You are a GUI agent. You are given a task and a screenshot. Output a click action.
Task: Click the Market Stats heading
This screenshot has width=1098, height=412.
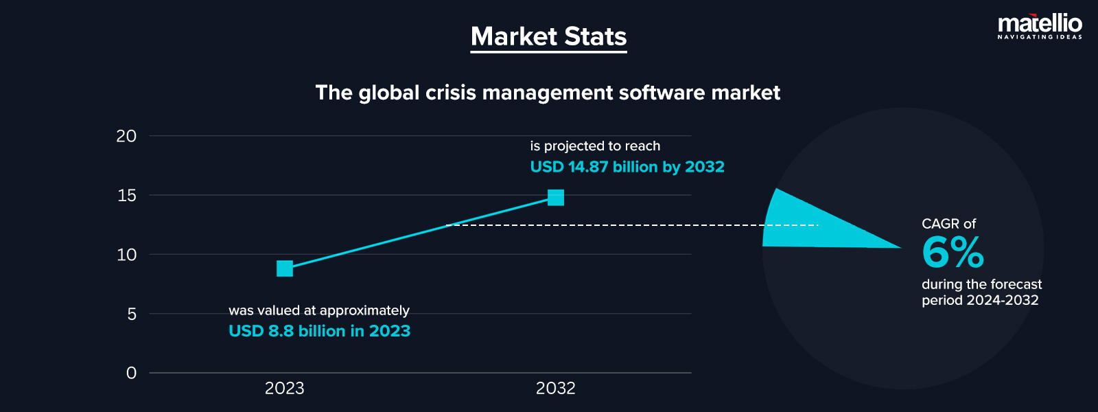point(548,36)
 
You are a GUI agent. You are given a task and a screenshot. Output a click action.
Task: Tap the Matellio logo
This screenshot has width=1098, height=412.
point(1040,26)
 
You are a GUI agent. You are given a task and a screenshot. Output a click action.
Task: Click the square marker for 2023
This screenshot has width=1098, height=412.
point(285,268)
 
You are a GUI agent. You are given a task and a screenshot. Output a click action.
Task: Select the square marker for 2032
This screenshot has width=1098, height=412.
point(556,198)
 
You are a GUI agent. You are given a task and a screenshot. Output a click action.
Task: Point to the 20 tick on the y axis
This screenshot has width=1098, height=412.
point(126,136)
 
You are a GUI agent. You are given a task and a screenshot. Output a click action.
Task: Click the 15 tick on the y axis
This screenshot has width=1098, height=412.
point(127,196)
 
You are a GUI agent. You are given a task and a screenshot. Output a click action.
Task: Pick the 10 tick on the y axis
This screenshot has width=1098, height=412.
point(127,255)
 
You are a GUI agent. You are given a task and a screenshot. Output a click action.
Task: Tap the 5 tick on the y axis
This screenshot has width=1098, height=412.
point(132,314)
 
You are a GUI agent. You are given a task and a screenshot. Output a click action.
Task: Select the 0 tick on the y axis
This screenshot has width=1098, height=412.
point(132,373)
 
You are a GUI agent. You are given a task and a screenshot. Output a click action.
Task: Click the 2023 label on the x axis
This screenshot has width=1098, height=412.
point(284,389)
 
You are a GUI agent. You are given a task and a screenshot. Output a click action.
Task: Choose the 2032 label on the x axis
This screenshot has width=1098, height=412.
point(555,389)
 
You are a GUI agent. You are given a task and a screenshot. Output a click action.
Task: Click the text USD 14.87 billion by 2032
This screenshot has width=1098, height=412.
point(627,167)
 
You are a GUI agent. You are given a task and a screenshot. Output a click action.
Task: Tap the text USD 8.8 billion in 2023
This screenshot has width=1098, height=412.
point(319,331)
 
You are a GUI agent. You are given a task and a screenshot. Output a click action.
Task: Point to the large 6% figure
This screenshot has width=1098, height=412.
point(953,252)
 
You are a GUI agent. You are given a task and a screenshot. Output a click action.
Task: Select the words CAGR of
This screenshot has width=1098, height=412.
point(948,224)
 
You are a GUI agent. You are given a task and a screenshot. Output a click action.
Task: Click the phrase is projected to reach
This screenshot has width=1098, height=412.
point(595,146)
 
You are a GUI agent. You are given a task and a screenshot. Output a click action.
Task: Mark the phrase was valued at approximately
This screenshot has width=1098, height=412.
point(318,310)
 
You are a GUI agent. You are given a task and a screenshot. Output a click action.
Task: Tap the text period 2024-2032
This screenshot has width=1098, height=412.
point(980,300)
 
